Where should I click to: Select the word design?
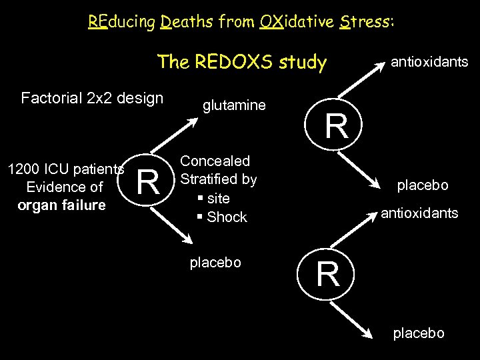140,99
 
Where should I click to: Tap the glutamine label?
234,105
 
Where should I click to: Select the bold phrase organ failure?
61,205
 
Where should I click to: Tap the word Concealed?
215,161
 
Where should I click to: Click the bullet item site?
219,198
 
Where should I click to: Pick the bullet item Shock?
227,217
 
